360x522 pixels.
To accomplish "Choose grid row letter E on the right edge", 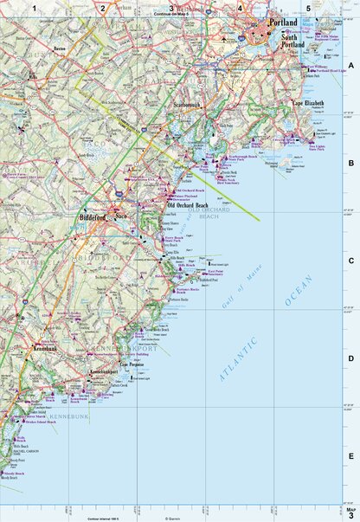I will coord(351,456).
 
